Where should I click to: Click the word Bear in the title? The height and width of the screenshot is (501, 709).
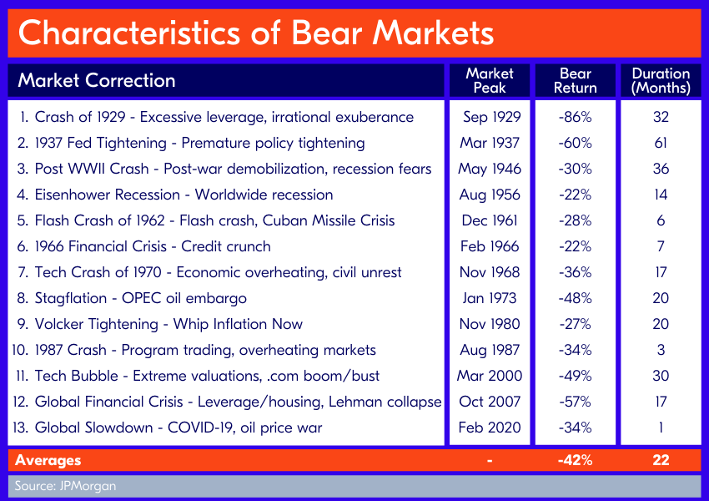(326, 33)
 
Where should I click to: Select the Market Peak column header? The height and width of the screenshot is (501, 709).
(490, 80)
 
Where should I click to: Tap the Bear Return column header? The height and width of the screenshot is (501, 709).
(576, 80)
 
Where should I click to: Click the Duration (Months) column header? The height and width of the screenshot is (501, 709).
(661, 80)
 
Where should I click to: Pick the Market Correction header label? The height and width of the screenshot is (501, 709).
(96, 80)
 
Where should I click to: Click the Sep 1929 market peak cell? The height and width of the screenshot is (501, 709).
(491, 117)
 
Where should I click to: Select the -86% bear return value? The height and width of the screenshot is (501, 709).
(576, 117)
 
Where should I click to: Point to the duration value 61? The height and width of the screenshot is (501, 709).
(661, 143)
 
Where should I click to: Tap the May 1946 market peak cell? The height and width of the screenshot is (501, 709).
(490, 170)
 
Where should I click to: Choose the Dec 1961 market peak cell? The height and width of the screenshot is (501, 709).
(490, 220)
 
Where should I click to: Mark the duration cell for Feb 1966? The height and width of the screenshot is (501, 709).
(661, 246)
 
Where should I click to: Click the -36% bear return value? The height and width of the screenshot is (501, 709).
(576, 272)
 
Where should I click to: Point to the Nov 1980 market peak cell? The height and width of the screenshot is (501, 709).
(490, 324)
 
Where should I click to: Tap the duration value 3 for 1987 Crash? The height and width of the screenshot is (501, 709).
(661, 350)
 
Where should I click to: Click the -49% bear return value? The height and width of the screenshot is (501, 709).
(576, 376)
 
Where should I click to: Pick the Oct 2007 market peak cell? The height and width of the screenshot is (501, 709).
(490, 402)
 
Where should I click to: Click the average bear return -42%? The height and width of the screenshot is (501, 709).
(576, 460)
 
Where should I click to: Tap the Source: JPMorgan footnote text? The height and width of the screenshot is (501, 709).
(66, 486)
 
